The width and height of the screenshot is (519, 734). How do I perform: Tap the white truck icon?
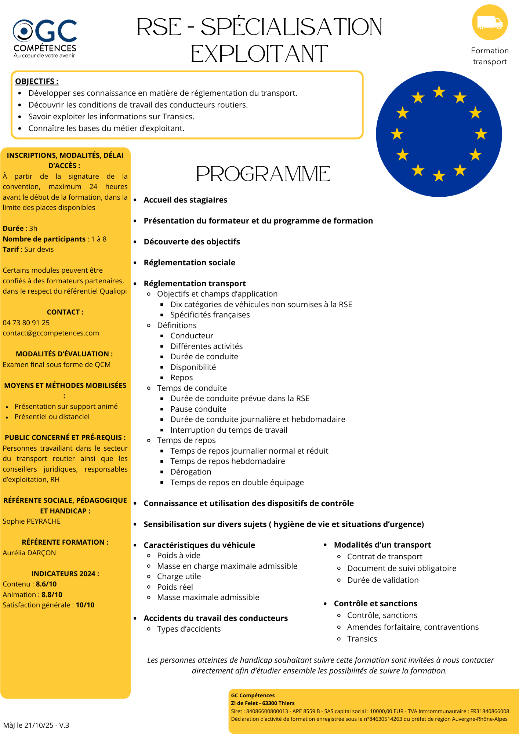point(490,23)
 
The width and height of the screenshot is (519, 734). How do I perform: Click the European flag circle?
point(439,134)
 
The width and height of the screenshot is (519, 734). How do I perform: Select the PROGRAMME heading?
point(263,174)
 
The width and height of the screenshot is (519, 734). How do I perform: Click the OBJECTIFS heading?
point(37,81)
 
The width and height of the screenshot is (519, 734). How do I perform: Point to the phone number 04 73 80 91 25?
point(26,323)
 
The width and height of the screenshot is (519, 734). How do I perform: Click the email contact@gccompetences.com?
point(51,333)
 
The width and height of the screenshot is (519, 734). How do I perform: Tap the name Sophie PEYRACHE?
point(32,521)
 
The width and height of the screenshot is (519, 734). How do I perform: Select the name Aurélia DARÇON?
point(29,553)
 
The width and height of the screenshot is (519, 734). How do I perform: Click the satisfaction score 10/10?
point(85,605)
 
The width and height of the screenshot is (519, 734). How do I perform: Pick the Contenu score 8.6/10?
point(46,584)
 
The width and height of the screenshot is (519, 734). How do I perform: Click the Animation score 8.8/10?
point(52,595)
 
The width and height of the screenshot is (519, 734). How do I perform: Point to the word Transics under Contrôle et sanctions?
point(362,639)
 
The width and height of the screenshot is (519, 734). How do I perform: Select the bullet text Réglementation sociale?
point(189,262)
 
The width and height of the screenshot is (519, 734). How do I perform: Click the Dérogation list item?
point(191,472)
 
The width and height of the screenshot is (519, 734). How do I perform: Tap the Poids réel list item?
point(175,587)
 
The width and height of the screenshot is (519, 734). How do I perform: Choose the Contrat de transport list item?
point(385,556)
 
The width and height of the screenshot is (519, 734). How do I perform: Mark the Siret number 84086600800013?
point(267,711)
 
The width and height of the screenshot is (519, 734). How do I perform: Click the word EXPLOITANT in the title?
point(259,54)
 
